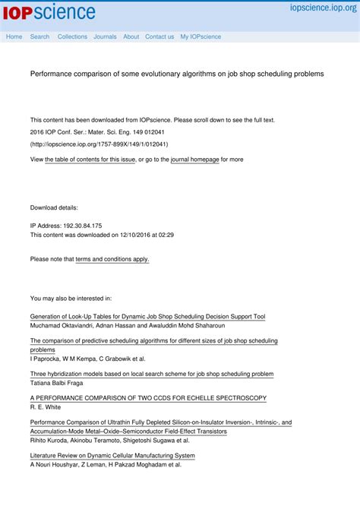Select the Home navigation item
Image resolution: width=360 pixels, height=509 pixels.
(14, 36)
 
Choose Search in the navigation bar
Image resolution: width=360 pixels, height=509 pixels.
(39, 36)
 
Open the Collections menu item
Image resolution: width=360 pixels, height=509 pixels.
(72, 36)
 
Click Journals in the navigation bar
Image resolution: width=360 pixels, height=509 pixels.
(105, 36)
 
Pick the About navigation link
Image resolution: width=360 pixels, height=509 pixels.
(131, 36)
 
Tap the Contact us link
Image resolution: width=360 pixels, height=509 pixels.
(159, 36)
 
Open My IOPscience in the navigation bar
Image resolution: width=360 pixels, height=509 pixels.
(201, 36)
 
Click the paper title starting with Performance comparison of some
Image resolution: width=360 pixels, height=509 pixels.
(176, 74)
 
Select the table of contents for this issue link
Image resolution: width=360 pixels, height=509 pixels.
(90, 160)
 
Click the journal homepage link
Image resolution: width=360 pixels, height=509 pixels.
(194, 160)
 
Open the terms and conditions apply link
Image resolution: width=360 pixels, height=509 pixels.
(112, 259)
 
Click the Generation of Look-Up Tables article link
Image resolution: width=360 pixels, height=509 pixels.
(147, 316)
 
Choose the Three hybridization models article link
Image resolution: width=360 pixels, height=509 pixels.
(151, 374)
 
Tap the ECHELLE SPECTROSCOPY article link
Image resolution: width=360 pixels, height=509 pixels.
(148, 398)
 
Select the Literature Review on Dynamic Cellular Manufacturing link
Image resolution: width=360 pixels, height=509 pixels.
(112, 456)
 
